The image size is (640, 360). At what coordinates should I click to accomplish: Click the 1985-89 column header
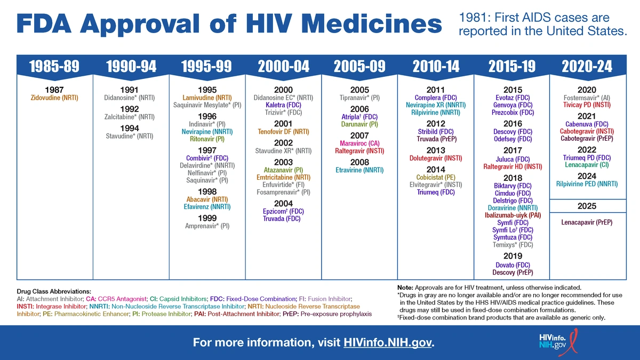[54, 66]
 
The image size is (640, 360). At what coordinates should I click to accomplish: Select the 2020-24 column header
[587, 66]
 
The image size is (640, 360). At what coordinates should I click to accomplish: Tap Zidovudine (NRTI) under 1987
[54, 98]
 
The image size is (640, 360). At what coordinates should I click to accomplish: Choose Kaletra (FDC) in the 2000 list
[283, 106]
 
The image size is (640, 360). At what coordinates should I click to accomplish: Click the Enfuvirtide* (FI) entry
[283, 185]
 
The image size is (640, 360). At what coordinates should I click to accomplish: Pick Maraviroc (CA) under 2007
[359, 143]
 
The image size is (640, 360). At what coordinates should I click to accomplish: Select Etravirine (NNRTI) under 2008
[359, 171]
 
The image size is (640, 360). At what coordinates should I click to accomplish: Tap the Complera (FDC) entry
[436, 98]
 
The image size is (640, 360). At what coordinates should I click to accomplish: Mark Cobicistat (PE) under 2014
[436, 177]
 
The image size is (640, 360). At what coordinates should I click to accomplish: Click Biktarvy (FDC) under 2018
[512, 186]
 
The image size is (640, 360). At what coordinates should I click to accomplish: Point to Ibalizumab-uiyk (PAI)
[512, 215]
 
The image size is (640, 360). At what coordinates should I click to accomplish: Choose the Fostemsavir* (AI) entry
[587, 98]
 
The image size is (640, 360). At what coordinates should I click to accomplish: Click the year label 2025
[587, 206]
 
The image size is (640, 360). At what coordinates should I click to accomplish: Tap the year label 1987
[54, 90]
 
